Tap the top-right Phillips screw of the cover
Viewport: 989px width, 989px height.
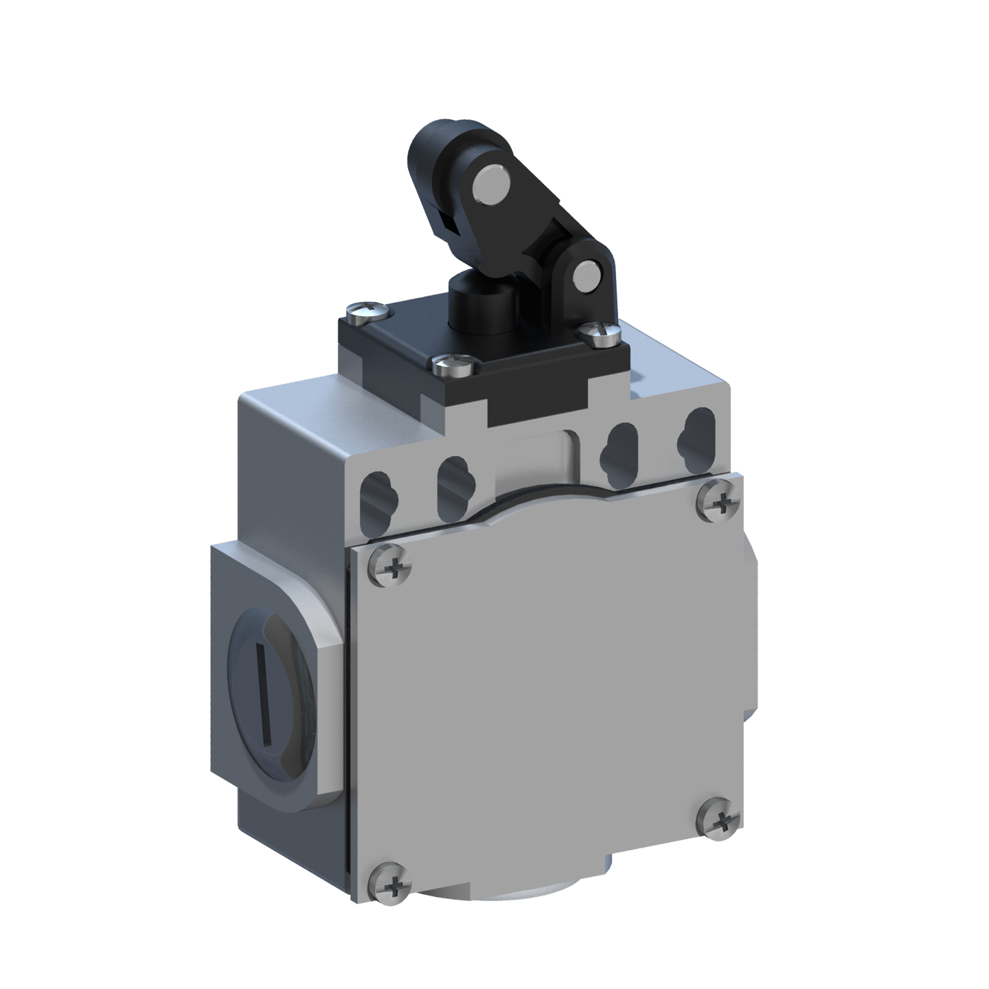coord(719,505)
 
